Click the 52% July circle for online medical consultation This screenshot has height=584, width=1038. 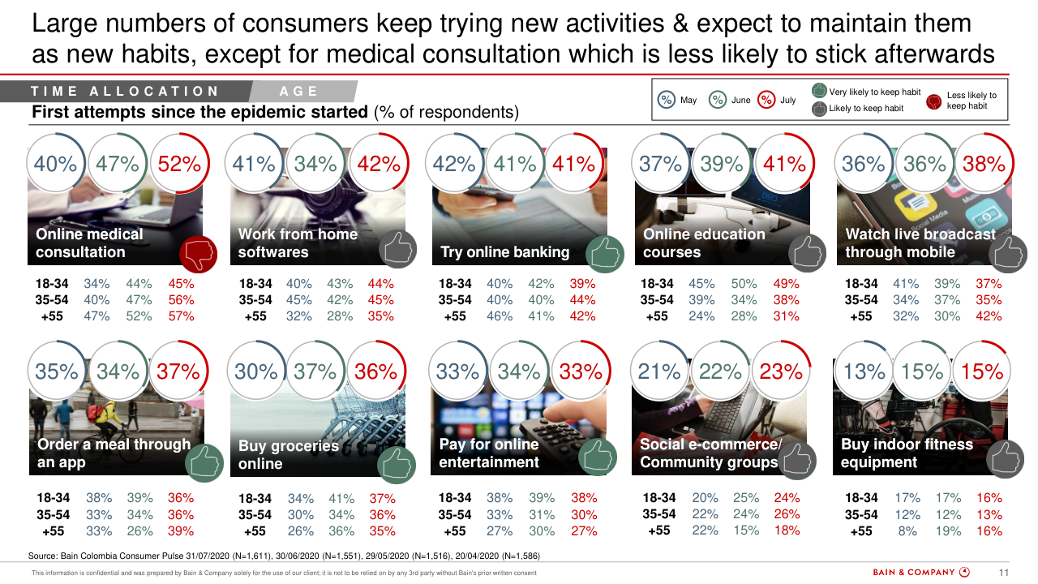179,164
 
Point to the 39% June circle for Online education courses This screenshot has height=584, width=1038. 723,164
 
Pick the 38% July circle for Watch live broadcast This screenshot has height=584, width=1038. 984,164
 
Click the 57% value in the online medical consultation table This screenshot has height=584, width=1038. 181,316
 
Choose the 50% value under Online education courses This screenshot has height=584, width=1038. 744,284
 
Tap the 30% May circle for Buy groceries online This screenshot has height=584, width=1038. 256,371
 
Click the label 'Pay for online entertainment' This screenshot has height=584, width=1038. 489,453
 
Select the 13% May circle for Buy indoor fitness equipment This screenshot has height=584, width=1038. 864,371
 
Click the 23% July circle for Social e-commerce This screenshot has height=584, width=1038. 782,371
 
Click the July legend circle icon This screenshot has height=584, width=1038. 766,100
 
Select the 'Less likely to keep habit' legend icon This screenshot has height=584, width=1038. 933,101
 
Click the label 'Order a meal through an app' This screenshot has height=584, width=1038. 114,453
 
